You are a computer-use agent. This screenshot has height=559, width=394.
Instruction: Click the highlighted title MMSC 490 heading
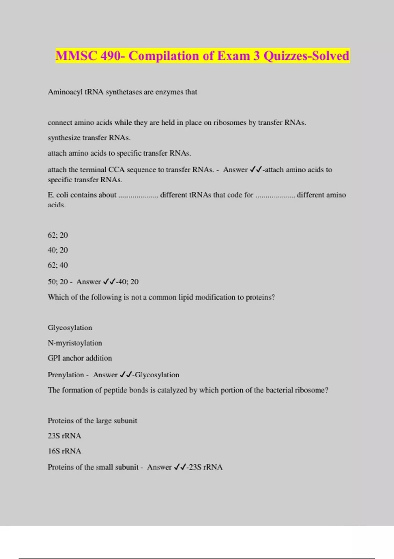point(202,56)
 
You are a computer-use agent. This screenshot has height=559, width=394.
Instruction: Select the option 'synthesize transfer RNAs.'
point(89,138)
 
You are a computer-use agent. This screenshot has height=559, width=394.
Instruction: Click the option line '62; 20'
point(58,235)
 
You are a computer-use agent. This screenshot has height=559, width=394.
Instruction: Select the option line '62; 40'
point(58,265)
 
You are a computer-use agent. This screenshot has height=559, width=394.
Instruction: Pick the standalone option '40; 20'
point(58,250)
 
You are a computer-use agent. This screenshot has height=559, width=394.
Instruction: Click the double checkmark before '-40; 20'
point(109,282)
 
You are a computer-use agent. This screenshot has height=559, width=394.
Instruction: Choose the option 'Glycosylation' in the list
point(70,328)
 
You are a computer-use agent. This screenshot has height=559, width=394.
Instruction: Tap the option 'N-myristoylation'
point(75,343)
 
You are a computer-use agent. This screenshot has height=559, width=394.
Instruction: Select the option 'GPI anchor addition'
point(80,358)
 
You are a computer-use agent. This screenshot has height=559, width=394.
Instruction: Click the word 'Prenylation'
point(66,375)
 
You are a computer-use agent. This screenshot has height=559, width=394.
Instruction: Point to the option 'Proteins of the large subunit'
point(92,421)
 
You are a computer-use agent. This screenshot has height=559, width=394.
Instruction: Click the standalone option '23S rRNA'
point(64,436)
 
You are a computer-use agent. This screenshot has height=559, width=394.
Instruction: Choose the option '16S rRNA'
point(64,451)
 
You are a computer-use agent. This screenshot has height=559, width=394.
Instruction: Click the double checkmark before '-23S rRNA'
point(180,467)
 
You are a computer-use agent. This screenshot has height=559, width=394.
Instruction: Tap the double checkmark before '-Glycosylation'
point(126,375)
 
